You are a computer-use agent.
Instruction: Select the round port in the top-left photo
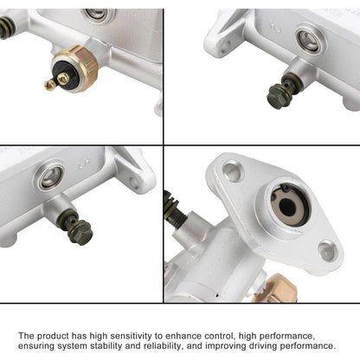(x=97, y=15)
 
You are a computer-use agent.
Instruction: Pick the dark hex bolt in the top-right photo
(x=280, y=96)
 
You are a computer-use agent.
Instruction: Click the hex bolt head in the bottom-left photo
(x=79, y=231)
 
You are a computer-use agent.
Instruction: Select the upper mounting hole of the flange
(x=233, y=170)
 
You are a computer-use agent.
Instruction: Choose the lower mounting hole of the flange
(x=326, y=251)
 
